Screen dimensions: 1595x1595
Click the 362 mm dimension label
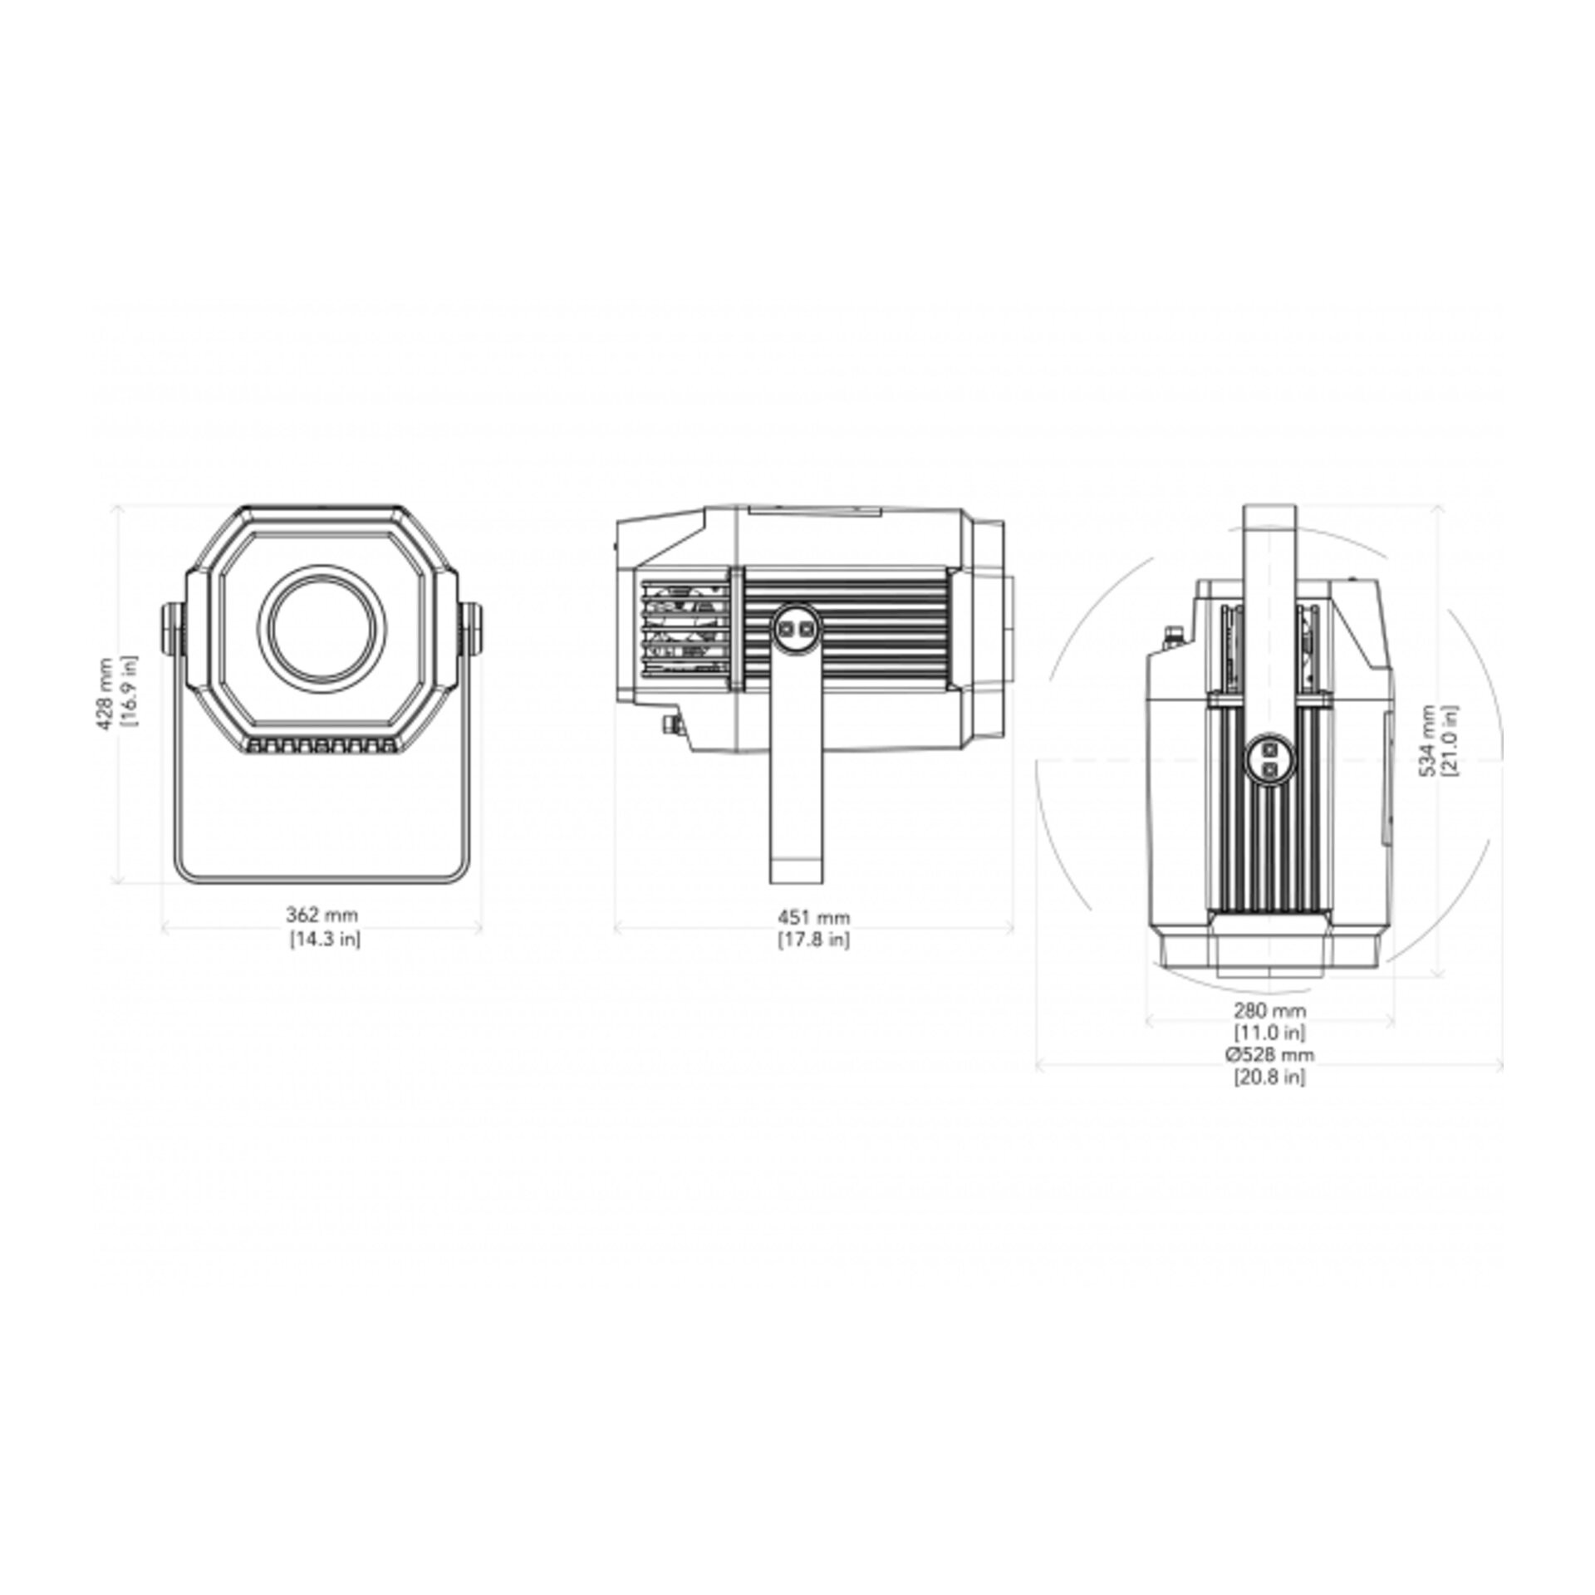tap(322, 915)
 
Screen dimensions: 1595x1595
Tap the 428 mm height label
tap(105, 694)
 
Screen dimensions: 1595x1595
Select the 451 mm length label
tap(814, 917)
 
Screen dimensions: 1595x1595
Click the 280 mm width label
tap(1269, 1011)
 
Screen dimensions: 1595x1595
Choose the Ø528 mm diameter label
tap(1269, 1055)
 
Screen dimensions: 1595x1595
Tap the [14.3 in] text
tap(325, 939)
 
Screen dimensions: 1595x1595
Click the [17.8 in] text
tap(814, 940)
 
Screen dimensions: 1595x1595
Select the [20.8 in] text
tap(1269, 1077)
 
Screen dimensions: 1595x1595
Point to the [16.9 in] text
tap(129, 691)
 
